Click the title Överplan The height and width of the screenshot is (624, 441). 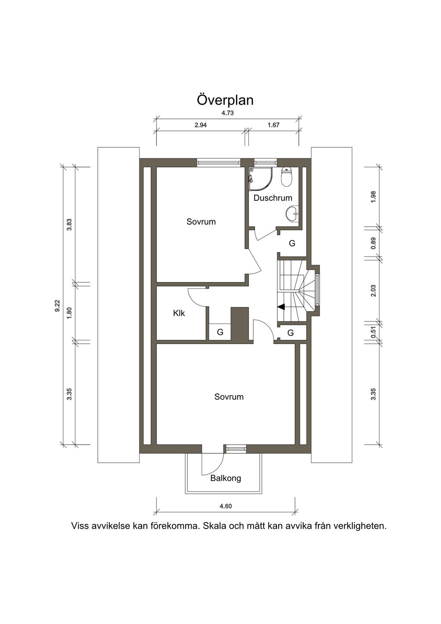point(225,100)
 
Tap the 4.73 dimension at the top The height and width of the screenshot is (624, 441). point(227,113)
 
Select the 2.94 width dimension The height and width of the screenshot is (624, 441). point(201,125)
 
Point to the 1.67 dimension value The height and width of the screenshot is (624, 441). point(273,125)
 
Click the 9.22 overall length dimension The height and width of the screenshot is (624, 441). point(57,306)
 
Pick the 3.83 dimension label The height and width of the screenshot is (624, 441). point(69,225)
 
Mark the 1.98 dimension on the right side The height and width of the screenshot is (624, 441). point(373,197)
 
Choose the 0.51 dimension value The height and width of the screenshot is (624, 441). point(373,332)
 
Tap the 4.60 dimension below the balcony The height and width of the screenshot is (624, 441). point(226,506)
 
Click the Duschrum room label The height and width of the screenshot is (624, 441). point(273,198)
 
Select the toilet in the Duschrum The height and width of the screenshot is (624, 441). point(287,177)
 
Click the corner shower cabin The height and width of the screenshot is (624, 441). point(260,179)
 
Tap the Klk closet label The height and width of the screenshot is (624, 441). point(179,313)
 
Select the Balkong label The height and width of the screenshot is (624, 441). point(226,478)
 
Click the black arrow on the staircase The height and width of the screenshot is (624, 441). point(281,307)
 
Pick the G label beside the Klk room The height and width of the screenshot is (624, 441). point(220,332)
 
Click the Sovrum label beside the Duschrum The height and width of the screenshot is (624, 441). point(201,222)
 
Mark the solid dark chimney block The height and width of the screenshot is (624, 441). point(240,324)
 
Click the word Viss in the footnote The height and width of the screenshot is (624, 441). point(80,526)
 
